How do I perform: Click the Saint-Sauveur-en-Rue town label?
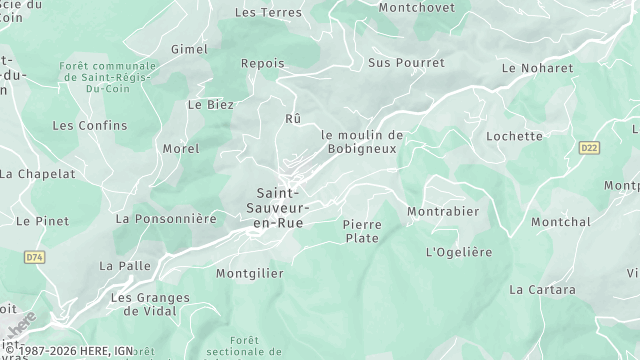tap(283, 206)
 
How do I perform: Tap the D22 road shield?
tap(589, 148)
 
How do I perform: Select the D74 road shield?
tap(36, 257)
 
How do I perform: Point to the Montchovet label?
tap(416, 7)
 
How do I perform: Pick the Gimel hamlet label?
tap(189, 49)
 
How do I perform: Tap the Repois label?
tap(263, 63)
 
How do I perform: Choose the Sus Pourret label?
tap(406, 62)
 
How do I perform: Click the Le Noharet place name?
tap(538, 68)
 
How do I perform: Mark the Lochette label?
tap(514, 136)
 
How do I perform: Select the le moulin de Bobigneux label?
tap(362, 142)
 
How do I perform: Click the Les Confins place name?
tap(90, 126)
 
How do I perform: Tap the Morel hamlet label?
tap(181, 149)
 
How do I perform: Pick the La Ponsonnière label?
tap(166, 218)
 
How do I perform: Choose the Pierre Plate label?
tap(361, 231)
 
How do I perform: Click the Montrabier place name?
tap(443, 212)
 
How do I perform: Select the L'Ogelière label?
tap(459, 252)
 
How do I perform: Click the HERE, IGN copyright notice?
tap(66, 352)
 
